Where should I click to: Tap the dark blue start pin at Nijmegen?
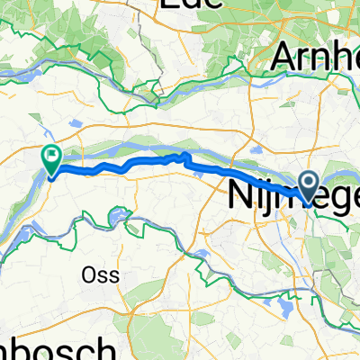tap(308, 186)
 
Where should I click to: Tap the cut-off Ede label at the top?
tap(193, 5)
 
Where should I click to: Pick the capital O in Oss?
tap(89, 274)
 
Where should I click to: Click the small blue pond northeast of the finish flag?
tap(75, 121)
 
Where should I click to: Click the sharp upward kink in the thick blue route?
tap(186, 157)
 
